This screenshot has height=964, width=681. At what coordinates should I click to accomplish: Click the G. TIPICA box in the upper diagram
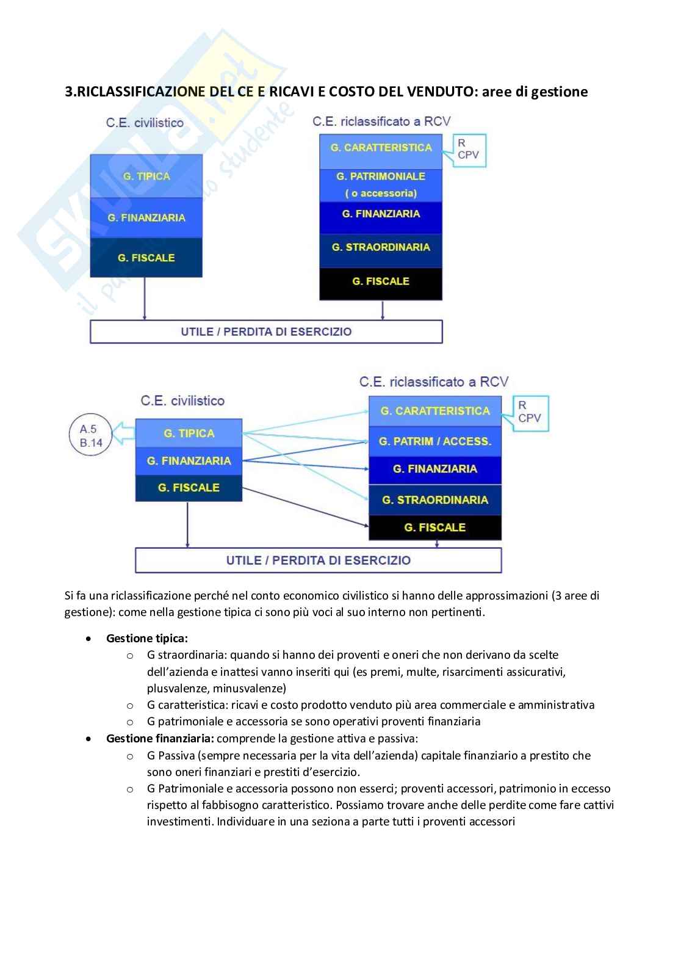pyautogui.click(x=146, y=176)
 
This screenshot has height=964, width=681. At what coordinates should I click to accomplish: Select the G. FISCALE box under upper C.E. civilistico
pyautogui.click(x=146, y=258)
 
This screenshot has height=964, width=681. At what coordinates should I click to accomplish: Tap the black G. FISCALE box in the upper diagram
pyautogui.click(x=381, y=282)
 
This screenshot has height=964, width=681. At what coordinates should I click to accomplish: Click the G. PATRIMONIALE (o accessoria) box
pyautogui.click(x=381, y=184)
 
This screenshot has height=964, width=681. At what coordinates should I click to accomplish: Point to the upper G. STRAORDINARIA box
pyautogui.click(x=381, y=247)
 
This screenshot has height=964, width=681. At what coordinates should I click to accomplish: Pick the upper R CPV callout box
pyautogui.click(x=468, y=150)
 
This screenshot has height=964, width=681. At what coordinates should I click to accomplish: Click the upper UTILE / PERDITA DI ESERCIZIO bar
pyautogui.click(x=266, y=332)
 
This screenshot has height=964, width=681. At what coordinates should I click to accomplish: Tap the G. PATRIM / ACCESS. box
pyautogui.click(x=434, y=441)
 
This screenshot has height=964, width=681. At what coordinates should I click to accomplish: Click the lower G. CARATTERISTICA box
pyautogui.click(x=434, y=411)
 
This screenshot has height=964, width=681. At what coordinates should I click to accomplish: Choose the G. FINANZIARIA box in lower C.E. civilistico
pyautogui.click(x=189, y=461)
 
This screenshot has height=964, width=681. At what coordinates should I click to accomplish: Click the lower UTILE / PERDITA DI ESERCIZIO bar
pyautogui.click(x=318, y=560)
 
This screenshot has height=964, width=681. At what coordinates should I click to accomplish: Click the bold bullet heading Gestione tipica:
pyautogui.click(x=146, y=639)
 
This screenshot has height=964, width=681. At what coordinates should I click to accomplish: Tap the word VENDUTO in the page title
pyautogui.click(x=430, y=92)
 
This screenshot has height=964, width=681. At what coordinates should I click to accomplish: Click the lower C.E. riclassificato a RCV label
pyautogui.click(x=433, y=382)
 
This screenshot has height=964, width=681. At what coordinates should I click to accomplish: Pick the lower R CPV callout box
pyautogui.click(x=530, y=413)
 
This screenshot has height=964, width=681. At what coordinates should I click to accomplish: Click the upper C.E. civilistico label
pyautogui.click(x=145, y=123)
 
